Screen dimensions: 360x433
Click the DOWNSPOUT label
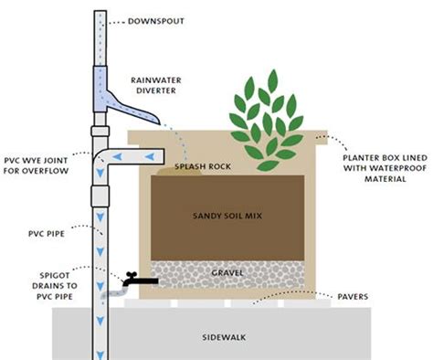pyautogui.click(x=151, y=20)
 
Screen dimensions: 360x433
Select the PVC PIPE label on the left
pyautogui.click(x=43, y=207)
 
